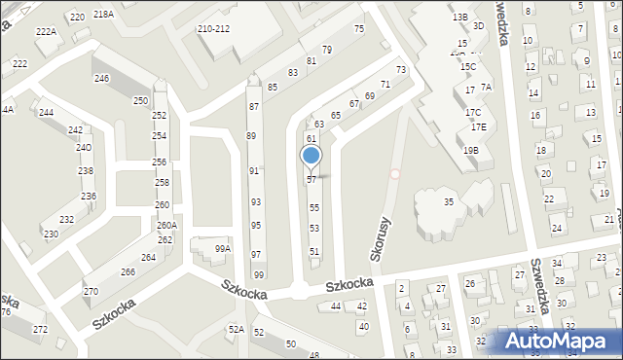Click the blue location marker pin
coord(311,157)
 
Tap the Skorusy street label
coord(381,238)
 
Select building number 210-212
coord(213,29)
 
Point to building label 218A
coord(104,15)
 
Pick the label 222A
coord(47,32)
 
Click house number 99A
coord(223,249)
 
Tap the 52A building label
coord(237,330)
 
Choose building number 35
coord(449,202)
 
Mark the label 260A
coord(166,226)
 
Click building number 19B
coord(471,151)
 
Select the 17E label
coord(478,127)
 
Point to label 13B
coord(459,18)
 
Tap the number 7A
coord(487,88)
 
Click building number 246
coord(101,78)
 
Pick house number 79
coord(327,50)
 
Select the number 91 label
coord(254,171)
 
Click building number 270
coord(91,292)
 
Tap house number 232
coord(66,220)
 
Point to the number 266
coord(128,272)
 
